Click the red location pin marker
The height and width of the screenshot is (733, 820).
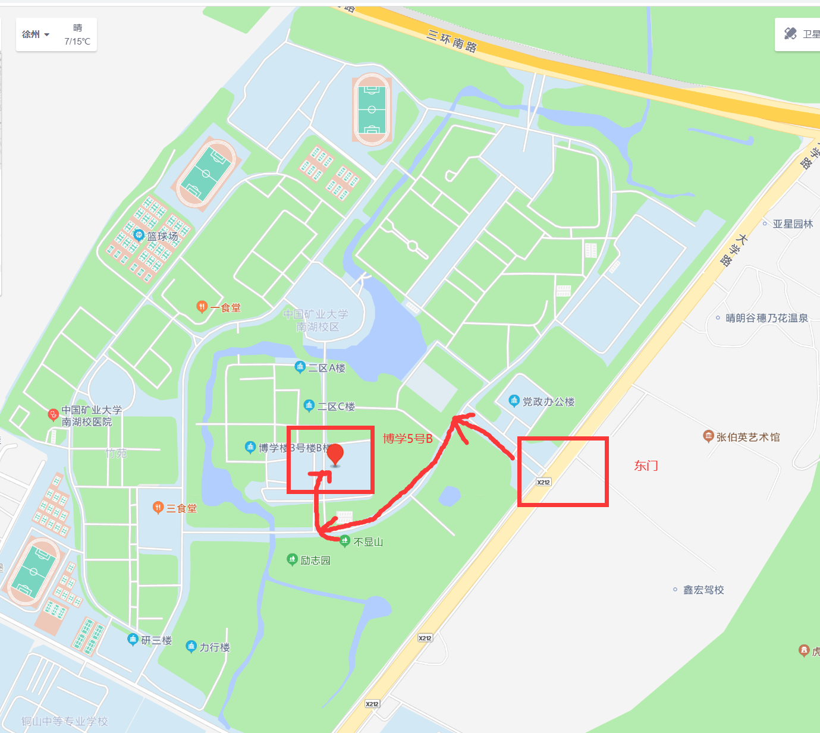(335, 454)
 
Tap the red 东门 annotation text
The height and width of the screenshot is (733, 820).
(646, 465)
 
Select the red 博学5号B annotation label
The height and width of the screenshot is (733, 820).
(407, 439)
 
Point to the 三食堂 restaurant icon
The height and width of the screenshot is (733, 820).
(158, 508)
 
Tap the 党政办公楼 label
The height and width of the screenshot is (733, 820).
(548, 402)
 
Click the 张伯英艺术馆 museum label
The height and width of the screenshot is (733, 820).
(747, 437)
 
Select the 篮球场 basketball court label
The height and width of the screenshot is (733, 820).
(162, 236)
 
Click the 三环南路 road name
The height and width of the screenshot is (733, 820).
(451, 40)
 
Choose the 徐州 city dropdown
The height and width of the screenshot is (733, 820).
(36, 34)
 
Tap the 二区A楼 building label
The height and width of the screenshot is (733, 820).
(326, 368)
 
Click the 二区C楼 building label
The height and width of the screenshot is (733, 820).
(336, 407)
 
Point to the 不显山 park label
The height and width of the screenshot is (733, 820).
(368, 542)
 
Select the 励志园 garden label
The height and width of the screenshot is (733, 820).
(315, 560)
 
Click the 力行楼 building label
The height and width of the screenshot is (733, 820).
(214, 647)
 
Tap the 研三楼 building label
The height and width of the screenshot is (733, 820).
(156, 640)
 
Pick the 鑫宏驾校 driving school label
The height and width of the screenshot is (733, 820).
(703, 590)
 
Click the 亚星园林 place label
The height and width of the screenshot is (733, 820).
(792, 224)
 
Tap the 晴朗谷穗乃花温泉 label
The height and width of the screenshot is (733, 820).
(766, 318)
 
